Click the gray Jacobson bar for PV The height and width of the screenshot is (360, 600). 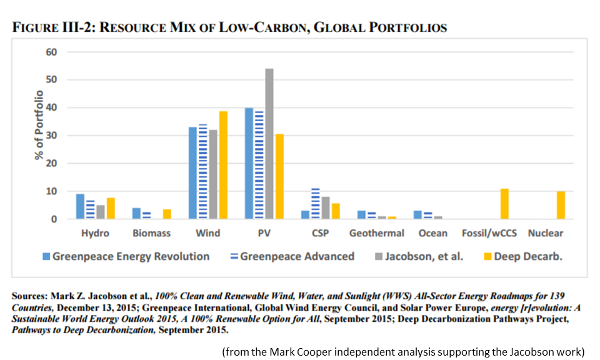[x=269, y=144]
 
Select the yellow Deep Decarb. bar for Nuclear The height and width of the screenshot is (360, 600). [x=561, y=206]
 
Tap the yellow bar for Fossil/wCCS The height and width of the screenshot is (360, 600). [x=504, y=204]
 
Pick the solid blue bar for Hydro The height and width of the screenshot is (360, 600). [x=80, y=207]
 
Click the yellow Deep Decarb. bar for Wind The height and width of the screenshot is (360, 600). [x=223, y=166]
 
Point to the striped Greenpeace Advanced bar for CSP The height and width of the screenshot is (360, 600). [x=316, y=204]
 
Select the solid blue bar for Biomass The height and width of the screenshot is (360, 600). [x=136, y=214]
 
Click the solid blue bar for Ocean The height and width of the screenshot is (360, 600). [x=417, y=215]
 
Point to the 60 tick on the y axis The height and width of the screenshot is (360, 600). [x=51, y=52]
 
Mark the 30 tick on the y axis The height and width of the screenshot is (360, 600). [x=51, y=136]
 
